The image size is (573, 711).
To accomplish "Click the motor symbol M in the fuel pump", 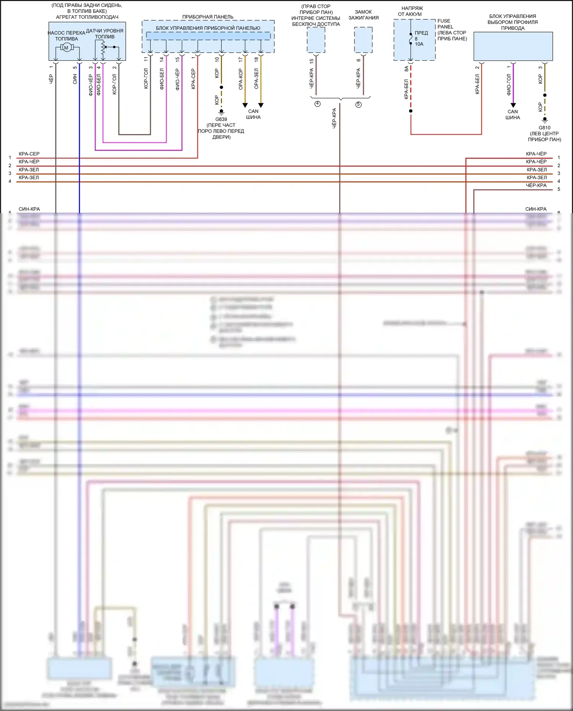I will pyautogui.click(x=66, y=48).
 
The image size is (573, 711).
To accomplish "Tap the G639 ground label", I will pyautogui.click(x=221, y=119).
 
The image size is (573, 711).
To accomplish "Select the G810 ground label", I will pyautogui.click(x=544, y=128).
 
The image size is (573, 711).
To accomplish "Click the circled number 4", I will pyautogui.click(x=317, y=104).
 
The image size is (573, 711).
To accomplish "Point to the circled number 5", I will pyautogui.click(x=358, y=104).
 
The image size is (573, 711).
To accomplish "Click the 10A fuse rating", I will pyautogui.click(x=419, y=44).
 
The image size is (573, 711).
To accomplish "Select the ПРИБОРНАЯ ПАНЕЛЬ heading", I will pyautogui.click(x=208, y=17).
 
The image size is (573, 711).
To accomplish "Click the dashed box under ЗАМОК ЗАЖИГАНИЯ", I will pyautogui.click(x=363, y=40).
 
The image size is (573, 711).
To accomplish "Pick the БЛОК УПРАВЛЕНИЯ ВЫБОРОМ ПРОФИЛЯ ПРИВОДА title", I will pyautogui.click(x=513, y=22).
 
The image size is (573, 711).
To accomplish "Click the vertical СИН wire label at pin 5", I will pyautogui.click(x=75, y=79).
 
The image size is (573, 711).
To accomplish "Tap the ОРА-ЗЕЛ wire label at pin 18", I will pyautogui.click(x=256, y=79).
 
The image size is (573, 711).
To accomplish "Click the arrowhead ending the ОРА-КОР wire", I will pyautogui.click(x=245, y=105).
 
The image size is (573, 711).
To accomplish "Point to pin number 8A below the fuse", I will pyautogui.click(x=406, y=69).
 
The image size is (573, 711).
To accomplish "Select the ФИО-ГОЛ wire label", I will pyautogui.click(x=508, y=84).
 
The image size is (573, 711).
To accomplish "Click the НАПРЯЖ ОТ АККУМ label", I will pyautogui.click(x=411, y=11).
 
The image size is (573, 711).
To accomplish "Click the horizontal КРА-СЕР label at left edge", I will pyautogui.click(x=29, y=154).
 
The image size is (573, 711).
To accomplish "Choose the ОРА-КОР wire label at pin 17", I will pyautogui.click(x=241, y=79).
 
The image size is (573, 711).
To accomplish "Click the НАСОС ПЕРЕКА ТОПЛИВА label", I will pyautogui.click(x=66, y=36).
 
